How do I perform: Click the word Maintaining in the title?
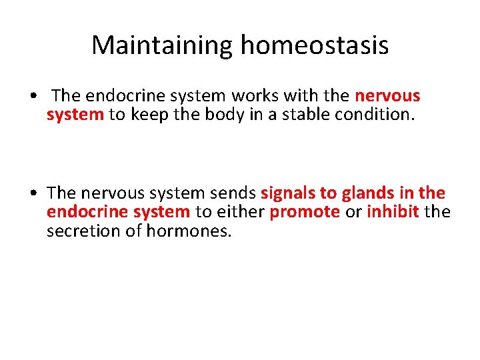tap(163, 45)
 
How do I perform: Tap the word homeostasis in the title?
tap(314, 45)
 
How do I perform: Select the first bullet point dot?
tap(33, 97)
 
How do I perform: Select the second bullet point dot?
tap(33, 194)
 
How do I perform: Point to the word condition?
tap(379, 115)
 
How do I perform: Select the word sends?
tap(233, 193)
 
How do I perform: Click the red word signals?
tap(289, 193)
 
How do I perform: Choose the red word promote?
tap(305, 212)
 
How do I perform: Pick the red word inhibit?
tap(393, 212)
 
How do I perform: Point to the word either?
tap(239, 212)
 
